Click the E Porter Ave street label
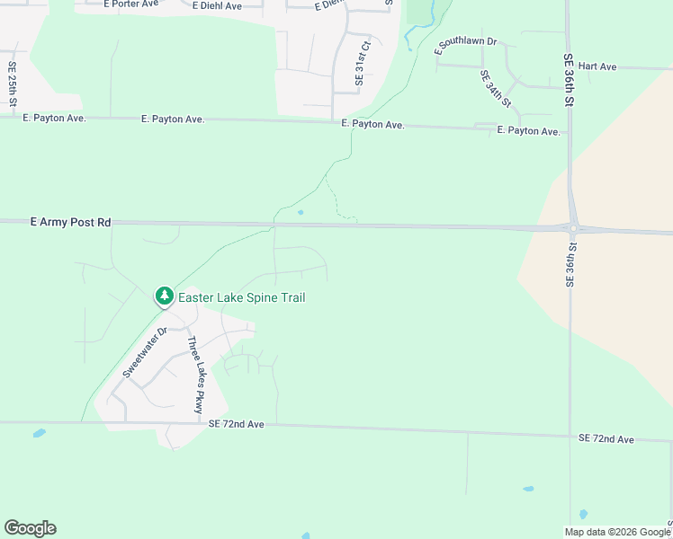[x=131, y=4]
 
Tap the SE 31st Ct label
[x=362, y=62]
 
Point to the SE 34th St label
[x=495, y=89]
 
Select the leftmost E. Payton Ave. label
[x=54, y=118]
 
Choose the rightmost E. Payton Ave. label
[x=529, y=131]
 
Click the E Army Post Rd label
[x=70, y=221]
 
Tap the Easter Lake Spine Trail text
[x=241, y=297]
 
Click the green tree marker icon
[x=164, y=296]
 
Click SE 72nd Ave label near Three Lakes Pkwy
[x=236, y=423]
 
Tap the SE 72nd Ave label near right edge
[x=606, y=438]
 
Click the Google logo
[x=30, y=528]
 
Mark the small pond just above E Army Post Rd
[x=301, y=213]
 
